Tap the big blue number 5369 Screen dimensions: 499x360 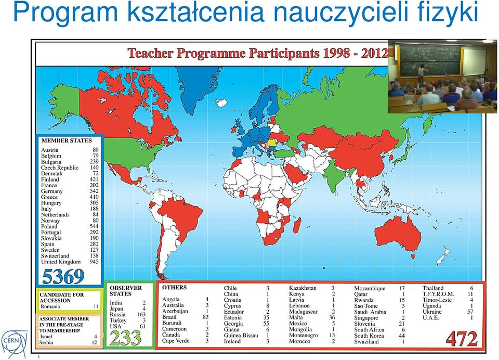click(x=63, y=276)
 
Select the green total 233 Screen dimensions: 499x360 click(x=125, y=338)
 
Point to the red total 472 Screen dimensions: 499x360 click(x=462, y=339)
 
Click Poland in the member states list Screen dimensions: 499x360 click(x=49, y=226)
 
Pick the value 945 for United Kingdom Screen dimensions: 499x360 click(x=94, y=262)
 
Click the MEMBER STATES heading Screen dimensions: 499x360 click(x=67, y=140)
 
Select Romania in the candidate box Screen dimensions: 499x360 click(x=50, y=306)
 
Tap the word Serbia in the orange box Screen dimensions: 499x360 click(x=46, y=342)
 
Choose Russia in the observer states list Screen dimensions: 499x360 click(x=117, y=314)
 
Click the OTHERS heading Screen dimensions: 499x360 click(x=175, y=287)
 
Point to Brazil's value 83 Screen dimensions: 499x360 click(x=206, y=317)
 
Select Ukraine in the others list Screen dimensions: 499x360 click(x=432, y=312)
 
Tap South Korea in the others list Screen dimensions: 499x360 click(x=369, y=336)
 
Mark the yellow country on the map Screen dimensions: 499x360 click(x=272, y=143)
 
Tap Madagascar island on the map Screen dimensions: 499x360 click(x=297, y=225)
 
